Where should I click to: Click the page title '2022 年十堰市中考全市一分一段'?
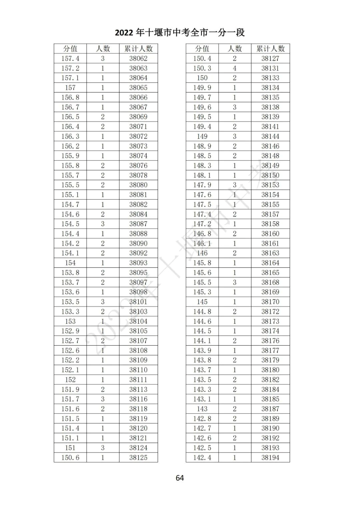pos(180,32)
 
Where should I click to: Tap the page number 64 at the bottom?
pos(180,478)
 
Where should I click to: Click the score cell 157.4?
pos(70,58)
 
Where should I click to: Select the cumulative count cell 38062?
pos(138,58)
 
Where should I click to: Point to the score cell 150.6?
pos(70,457)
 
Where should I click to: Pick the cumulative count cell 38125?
pos(138,457)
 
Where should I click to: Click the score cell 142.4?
pos(202,457)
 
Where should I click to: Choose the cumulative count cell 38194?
pos(270,457)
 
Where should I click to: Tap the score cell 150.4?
pos(202,58)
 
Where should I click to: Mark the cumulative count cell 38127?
pos(270,58)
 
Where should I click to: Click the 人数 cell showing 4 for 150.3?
pos(235,68)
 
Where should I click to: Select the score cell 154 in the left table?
pos(70,263)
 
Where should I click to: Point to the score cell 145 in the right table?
pos(202,302)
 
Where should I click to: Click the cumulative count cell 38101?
pos(138,302)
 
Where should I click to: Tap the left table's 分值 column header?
pos(70,49)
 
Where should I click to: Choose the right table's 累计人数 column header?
pos(270,49)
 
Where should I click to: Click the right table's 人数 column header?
pos(235,49)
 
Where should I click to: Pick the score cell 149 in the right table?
pos(202,136)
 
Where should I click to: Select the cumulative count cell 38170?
pos(270,302)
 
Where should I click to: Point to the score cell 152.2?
pos(70,360)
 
